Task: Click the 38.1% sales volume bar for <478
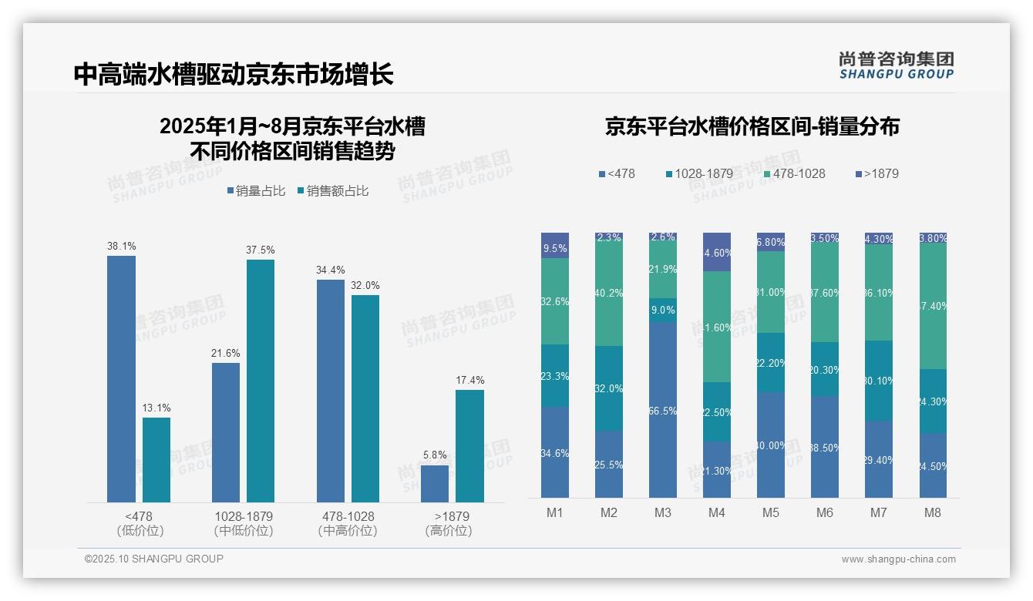121,379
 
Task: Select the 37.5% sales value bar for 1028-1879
261,381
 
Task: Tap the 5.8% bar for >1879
435,484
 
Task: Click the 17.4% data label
469,380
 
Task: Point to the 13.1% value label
156,408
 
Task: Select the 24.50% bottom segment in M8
933,465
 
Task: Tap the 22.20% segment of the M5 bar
771,362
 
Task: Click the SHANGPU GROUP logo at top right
896,65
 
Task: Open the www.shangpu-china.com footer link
898,559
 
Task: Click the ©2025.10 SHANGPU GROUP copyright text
154,559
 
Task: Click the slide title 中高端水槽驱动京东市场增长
234,74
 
